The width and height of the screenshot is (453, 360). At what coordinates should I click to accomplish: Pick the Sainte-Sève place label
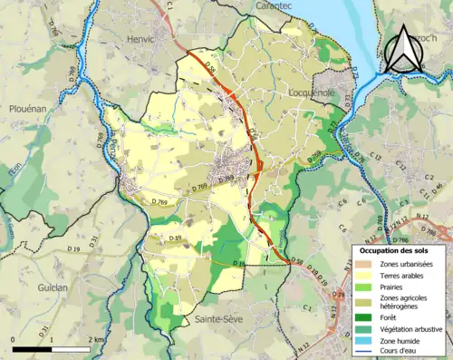tap(217, 320)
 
